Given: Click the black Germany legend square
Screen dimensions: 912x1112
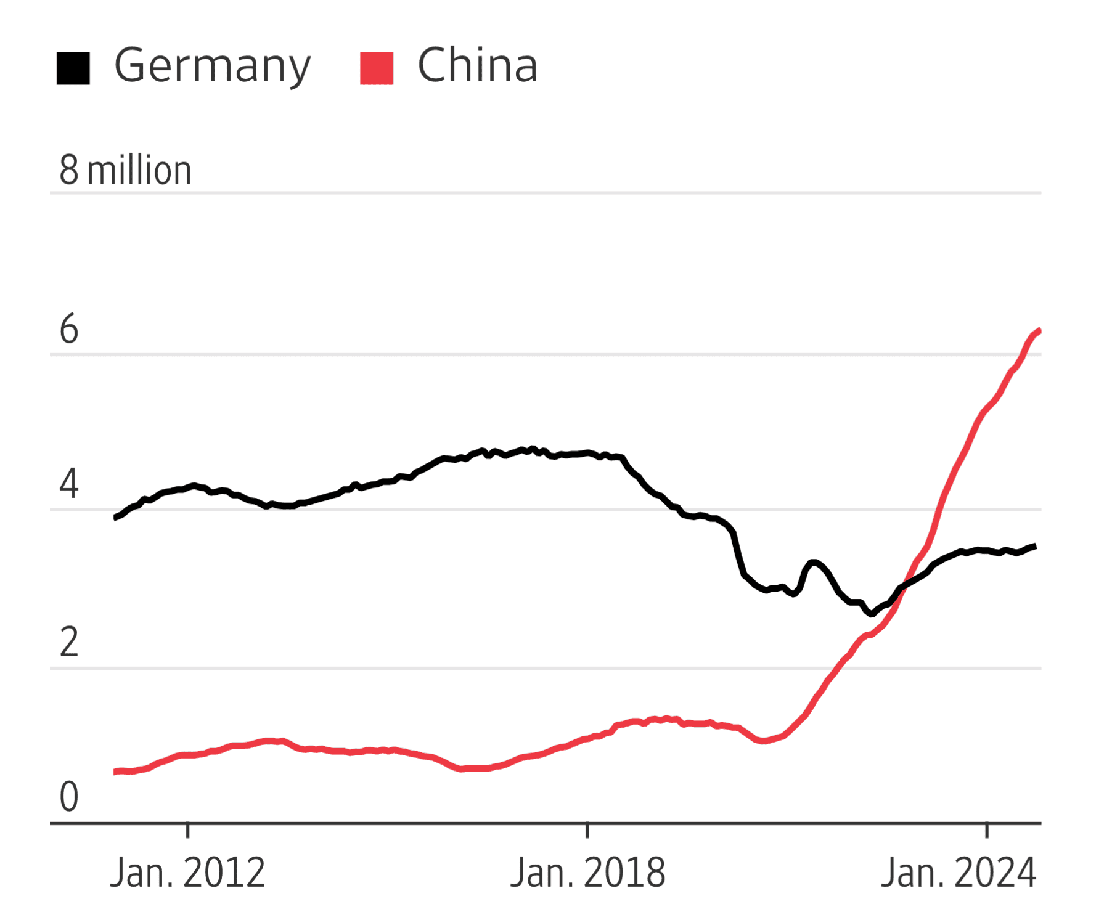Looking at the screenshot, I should (x=73, y=68).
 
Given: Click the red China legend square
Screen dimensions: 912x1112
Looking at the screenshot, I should (x=377, y=68).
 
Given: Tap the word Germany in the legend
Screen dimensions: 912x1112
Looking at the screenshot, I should (x=213, y=66).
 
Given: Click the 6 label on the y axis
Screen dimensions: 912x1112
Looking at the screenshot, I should (x=69, y=329).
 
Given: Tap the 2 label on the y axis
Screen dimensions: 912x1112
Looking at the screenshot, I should (x=69, y=642).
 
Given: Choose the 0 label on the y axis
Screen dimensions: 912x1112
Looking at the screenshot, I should (x=69, y=796).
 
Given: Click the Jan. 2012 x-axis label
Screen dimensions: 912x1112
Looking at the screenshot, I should (x=187, y=873).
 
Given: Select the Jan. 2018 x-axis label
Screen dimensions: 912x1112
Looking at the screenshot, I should (x=587, y=873).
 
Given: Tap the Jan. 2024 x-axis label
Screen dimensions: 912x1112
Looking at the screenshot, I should (x=959, y=873).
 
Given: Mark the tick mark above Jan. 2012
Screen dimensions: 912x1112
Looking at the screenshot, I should (x=187, y=830).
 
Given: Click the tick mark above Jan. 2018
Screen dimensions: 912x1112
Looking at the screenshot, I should (x=587, y=830).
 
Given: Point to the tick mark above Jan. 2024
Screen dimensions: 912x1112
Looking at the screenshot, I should (x=987, y=830).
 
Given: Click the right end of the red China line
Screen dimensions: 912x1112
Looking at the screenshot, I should (x=1039, y=331).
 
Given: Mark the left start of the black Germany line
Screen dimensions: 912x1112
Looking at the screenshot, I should (x=115, y=518).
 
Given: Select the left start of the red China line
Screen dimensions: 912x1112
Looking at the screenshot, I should (x=115, y=772).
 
